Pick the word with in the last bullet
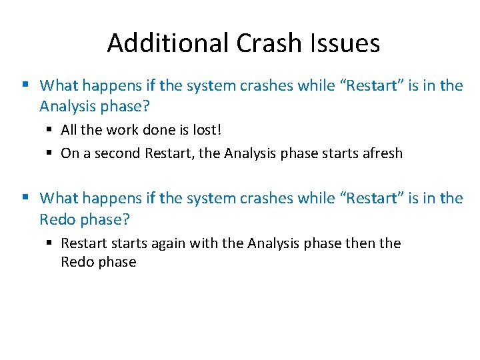[x=203, y=243]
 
